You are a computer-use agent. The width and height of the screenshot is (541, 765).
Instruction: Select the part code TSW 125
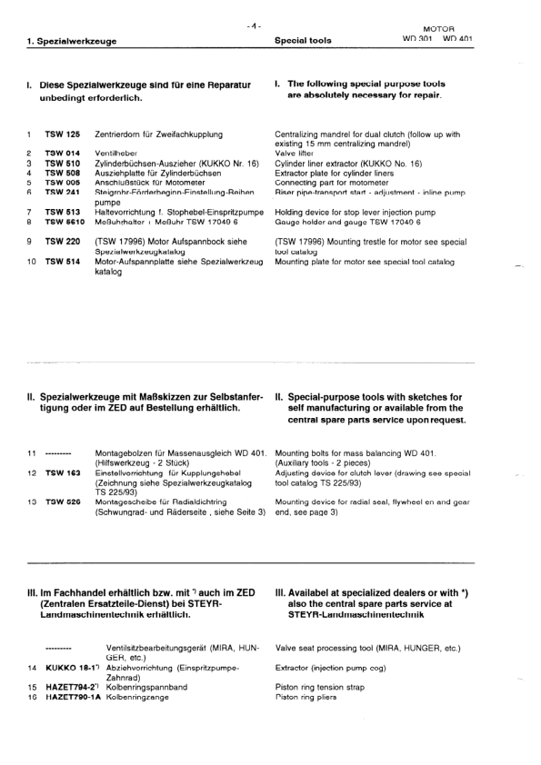pyautogui.click(x=63, y=134)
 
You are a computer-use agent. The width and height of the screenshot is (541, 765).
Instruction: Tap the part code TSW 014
pyautogui.click(x=63, y=154)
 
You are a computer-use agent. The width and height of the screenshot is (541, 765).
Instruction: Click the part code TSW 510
pyautogui.click(x=63, y=164)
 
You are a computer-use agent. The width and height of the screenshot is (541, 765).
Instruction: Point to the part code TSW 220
pyautogui.click(x=63, y=243)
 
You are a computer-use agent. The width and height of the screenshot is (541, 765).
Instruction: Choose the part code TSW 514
pyautogui.click(x=63, y=262)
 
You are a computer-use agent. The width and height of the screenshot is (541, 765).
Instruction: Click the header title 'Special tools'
pyautogui.click(x=303, y=41)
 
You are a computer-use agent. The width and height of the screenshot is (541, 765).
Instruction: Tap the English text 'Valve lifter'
pyautogui.click(x=296, y=154)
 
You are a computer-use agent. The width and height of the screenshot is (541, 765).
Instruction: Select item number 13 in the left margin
pyautogui.click(x=31, y=502)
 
